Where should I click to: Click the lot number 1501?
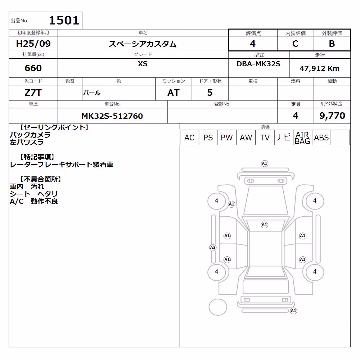[64, 20]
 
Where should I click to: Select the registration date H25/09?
[33, 44]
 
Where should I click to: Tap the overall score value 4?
[253, 44]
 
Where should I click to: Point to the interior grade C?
[295, 44]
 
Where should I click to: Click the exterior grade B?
[332, 44]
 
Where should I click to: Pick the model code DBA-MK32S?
[258, 64]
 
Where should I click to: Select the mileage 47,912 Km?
[319, 68]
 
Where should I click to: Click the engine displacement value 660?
[33, 68]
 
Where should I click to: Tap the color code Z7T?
[33, 93]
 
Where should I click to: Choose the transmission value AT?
[174, 93]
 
